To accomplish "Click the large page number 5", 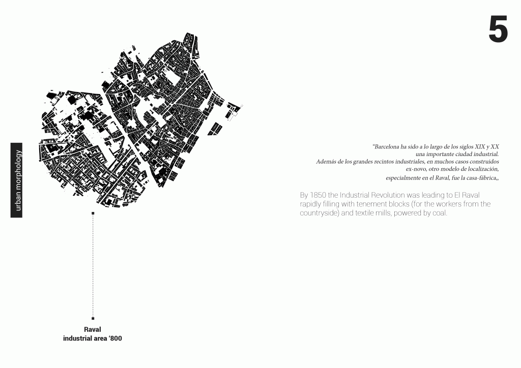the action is click(498, 29).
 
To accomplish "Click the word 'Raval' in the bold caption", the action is click(93, 329).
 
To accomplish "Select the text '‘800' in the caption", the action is click(115, 338).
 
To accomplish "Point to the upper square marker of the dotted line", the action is click(93, 213).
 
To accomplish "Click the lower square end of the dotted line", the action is click(93, 318).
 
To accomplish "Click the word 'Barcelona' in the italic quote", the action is click(387, 147).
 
